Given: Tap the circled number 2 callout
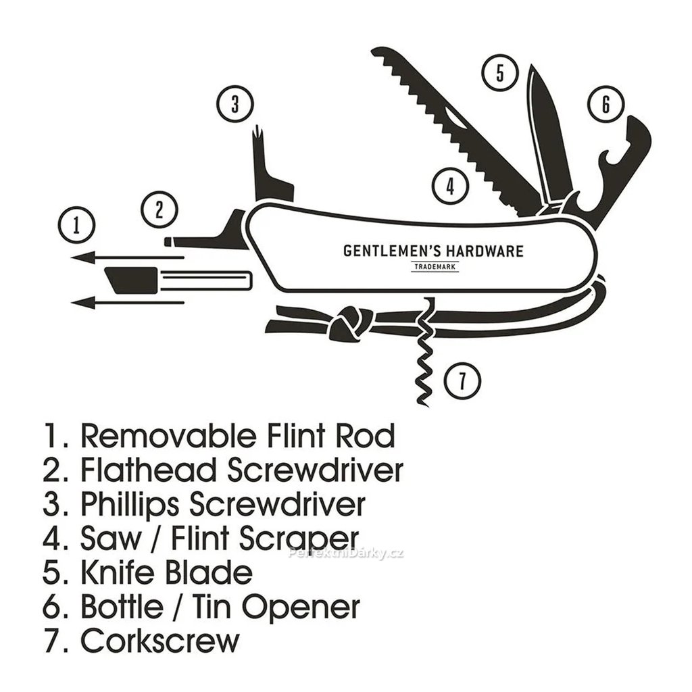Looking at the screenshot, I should (159, 209).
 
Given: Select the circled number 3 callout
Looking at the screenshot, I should (234, 105).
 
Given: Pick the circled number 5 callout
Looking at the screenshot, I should (499, 72).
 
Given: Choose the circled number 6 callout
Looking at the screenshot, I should (605, 105).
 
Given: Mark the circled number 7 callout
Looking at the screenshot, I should (462, 380).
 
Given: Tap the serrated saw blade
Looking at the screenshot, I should (460, 128).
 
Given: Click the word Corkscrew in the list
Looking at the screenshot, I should (161, 640).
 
